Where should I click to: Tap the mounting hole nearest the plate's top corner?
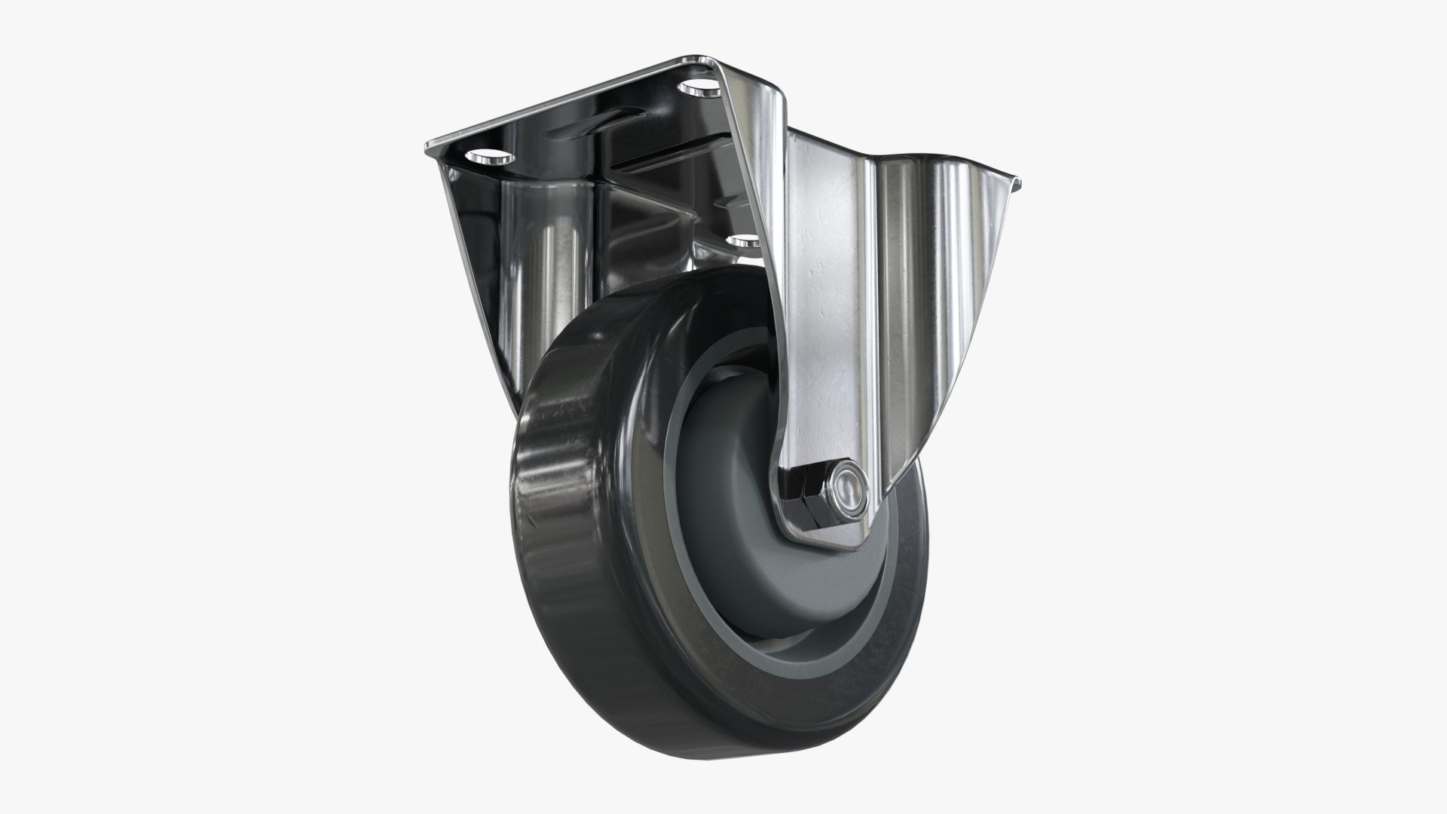(x=699, y=89)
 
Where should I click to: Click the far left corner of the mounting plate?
(x=428, y=144)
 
